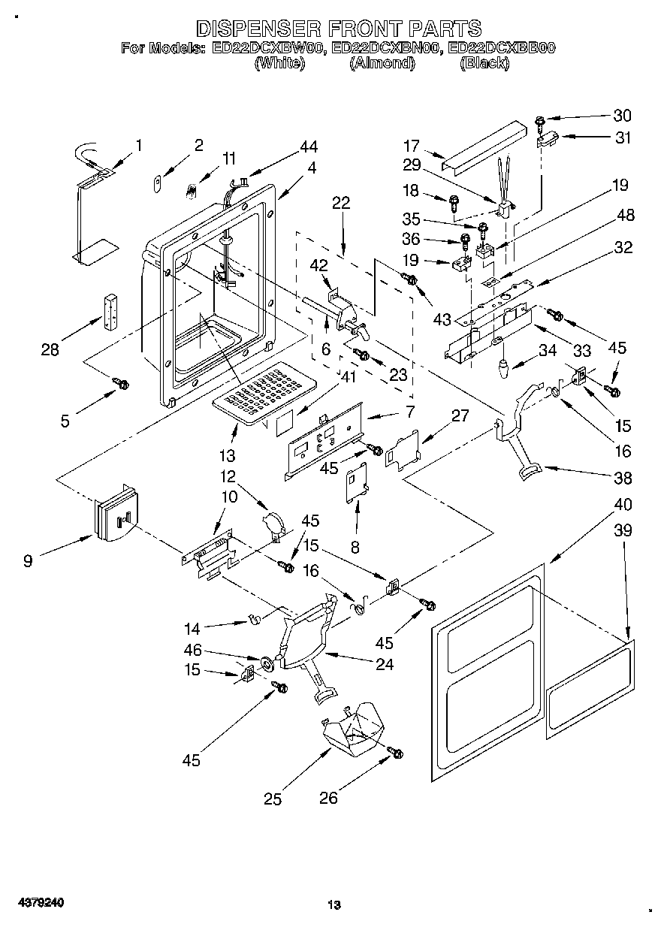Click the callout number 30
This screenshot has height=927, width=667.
pyautogui.click(x=622, y=116)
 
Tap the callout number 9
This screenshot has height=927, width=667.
pyautogui.click(x=28, y=560)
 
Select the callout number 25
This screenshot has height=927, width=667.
pyautogui.click(x=273, y=799)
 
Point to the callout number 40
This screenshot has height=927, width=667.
pyautogui.click(x=623, y=504)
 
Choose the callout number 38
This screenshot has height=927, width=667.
pyautogui.click(x=623, y=478)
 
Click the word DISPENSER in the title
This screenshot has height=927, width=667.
pyautogui.click(x=255, y=29)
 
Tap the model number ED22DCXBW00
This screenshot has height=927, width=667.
pyautogui.click(x=268, y=49)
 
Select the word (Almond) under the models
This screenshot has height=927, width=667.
pyautogui.click(x=382, y=64)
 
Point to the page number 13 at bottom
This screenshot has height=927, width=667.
pyautogui.click(x=333, y=905)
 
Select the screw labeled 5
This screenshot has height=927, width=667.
pyautogui.click(x=121, y=383)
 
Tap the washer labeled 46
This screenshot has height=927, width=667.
pyautogui.click(x=265, y=663)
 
